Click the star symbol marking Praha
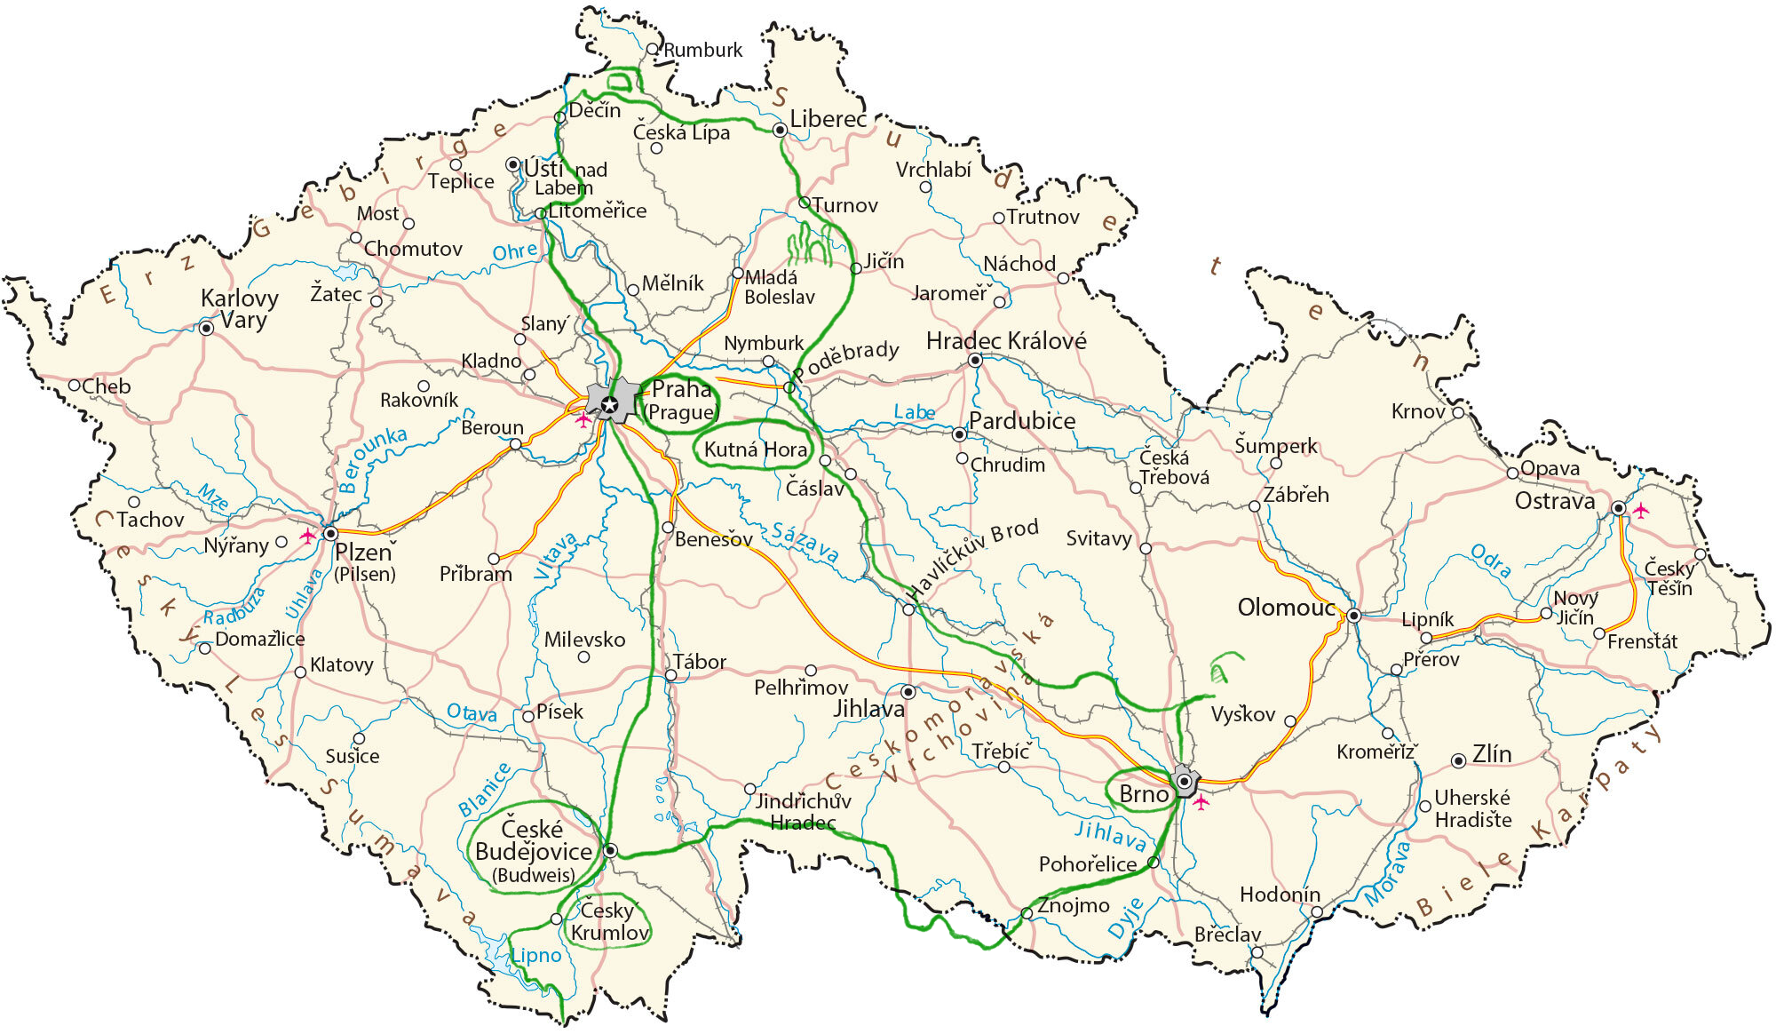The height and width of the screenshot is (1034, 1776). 609,406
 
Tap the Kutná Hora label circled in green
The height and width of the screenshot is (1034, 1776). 755,449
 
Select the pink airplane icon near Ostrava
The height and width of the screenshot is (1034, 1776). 1640,510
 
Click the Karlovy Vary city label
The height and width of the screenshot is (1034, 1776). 239,308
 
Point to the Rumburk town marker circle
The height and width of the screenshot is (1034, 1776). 653,50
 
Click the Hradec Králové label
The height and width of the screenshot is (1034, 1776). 1006,340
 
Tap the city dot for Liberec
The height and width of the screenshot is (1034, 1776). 780,131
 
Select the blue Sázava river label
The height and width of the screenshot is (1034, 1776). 805,543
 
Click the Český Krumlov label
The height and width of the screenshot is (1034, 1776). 609,921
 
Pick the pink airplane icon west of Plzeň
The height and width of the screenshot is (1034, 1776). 307,536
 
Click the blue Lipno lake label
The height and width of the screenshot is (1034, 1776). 536,956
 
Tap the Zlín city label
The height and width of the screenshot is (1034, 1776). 1491,753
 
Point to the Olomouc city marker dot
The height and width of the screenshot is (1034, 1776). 1353,616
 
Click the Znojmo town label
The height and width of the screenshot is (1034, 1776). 1073,905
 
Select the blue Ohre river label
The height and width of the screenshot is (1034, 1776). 515,251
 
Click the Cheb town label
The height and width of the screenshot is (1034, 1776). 106,386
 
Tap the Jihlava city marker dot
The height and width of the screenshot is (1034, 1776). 908,691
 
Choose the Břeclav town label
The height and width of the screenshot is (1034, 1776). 1226,935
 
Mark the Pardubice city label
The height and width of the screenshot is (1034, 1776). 1021,420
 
